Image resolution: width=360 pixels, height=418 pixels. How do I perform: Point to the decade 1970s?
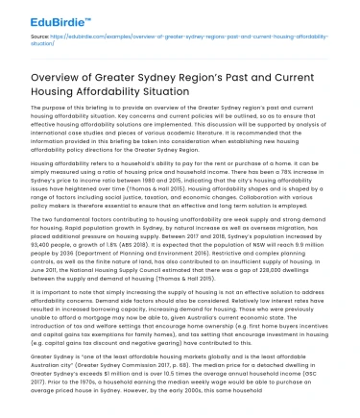point(85,381)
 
